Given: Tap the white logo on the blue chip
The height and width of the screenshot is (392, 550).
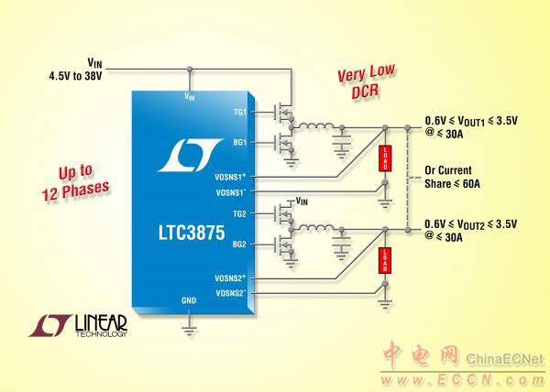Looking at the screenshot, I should (x=191, y=156).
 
